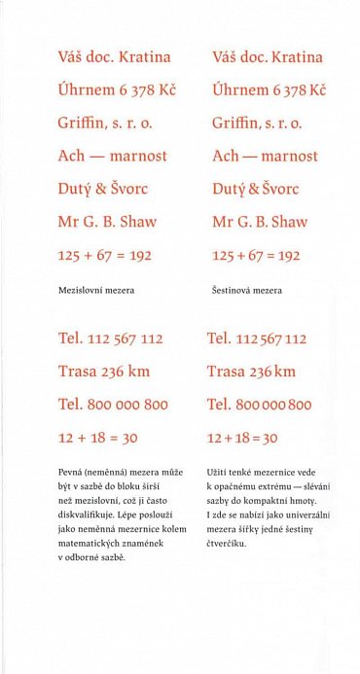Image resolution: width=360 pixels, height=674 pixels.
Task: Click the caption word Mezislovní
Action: pyautogui.click(x=78, y=290)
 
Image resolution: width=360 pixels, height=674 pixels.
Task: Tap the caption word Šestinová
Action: pyautogui.click(x=230, y=290)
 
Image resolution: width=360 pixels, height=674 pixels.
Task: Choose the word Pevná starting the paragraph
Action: pyautogui.click(x=72, y=471)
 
